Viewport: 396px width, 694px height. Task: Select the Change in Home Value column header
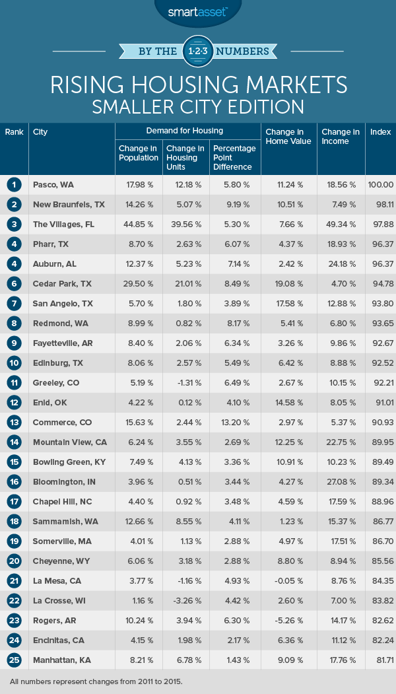(x=288, y=137)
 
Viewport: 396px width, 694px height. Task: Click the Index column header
(x=380, y=132)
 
